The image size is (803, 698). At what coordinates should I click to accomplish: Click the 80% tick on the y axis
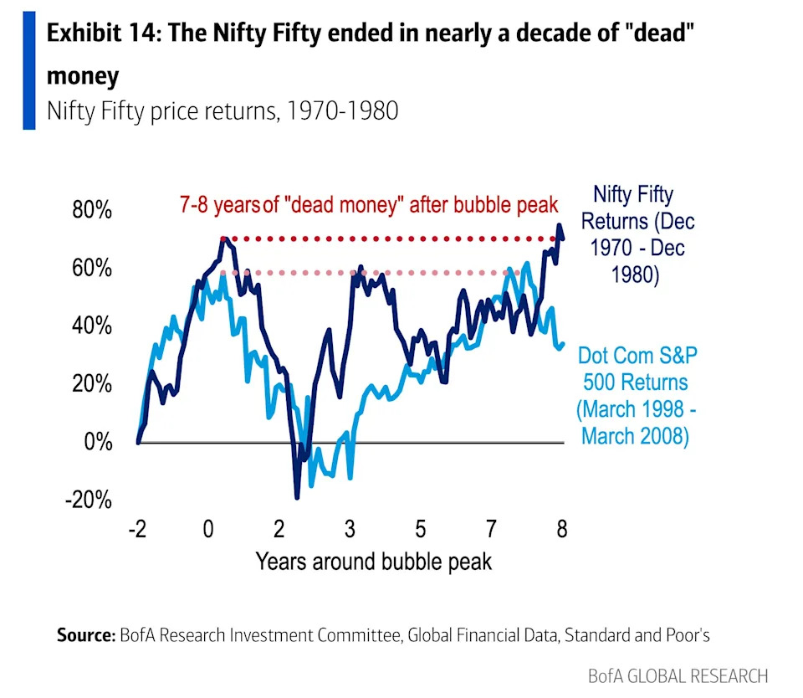point(90,210)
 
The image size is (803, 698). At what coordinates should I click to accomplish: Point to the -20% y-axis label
point(88,500)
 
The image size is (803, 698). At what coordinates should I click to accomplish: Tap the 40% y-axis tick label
point(90,326)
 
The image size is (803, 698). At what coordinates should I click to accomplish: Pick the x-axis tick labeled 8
point(561,529)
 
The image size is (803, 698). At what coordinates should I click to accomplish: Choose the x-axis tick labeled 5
point(419,529)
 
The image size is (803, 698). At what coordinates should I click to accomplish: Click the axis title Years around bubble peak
point(373,561)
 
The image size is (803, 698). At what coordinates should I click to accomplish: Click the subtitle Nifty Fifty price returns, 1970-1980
point(222,110)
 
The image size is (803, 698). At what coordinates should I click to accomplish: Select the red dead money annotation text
point(368,205)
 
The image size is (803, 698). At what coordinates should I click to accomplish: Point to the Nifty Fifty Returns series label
point(637,235)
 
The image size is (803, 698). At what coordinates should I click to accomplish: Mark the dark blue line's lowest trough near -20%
point(297,497)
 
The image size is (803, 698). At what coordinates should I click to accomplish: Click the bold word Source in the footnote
point(85,635)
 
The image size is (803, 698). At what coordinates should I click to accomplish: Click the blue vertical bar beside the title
point(29,71)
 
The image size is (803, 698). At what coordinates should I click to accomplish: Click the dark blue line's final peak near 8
point(559,225)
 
